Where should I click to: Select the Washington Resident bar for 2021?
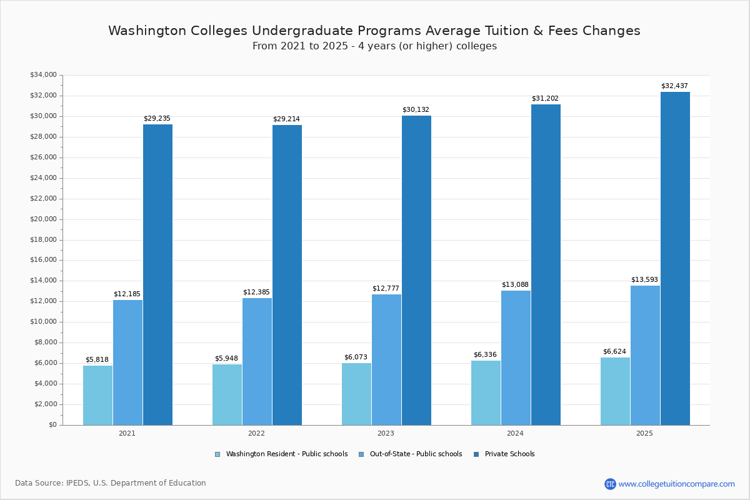(x=97, y=395)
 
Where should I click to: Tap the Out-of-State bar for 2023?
(x=386, y=359)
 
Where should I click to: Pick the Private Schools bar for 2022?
(x=287, y=275)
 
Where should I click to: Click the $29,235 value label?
(x=157, y=118)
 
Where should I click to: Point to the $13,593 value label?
(x=644, y=279)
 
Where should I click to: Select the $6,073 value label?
(x=356, y=357)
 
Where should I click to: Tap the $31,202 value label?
(x=545, y=98)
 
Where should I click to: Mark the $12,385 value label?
(x=256, y=292)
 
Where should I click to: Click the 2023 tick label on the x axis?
(x=386, y=433)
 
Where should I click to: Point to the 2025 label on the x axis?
(x=644, y=433)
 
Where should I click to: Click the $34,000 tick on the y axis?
(x=43, y=75)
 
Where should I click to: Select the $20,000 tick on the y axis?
(x=43, y=219)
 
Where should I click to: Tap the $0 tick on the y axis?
(x=52, y=425)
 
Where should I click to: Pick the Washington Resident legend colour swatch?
(x=217, y=454)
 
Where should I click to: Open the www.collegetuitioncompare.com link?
(x=676, y=484)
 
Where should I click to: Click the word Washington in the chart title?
(x=146, y=31)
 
